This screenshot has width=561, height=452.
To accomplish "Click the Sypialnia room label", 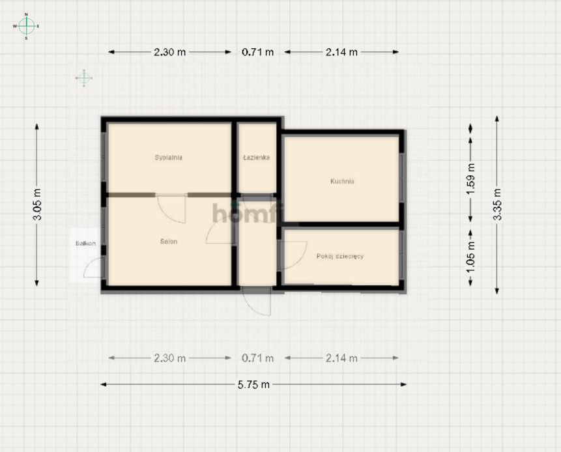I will (x=168, y=158).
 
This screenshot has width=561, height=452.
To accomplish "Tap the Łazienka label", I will (x=256, y=158).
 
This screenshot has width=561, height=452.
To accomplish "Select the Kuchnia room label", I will (x=342, y=182).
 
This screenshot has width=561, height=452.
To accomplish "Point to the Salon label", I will (x=169, y=242).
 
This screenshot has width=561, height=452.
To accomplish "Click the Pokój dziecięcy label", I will (x=340, y=257).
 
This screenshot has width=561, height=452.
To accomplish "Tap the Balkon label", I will (x=85, y=244).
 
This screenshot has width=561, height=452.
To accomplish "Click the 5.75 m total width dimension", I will (x=254, y=384).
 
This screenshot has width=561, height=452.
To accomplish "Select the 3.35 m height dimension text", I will (x=497, y=205).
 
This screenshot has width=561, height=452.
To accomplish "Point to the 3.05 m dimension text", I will (x=37, y=205).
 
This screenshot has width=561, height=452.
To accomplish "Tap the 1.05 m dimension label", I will (x=470, y=257).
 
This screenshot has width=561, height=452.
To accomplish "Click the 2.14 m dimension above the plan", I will (x=341, y=52).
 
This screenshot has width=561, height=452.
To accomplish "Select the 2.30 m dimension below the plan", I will (x=170, y=358).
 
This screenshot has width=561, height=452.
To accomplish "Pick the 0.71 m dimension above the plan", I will (x=257, y=52).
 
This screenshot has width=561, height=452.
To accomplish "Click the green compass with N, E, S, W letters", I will (x=26, y=26).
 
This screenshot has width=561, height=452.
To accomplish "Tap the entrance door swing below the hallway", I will (x=255, y=302).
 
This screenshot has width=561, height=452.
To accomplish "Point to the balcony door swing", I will (x=93, y=268).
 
